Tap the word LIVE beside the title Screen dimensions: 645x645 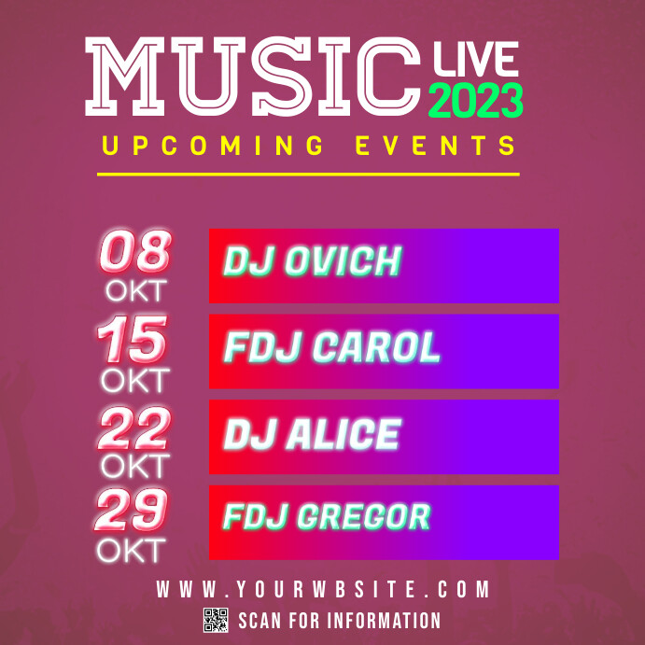click(475, 61)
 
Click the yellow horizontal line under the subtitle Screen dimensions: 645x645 click(308, 174)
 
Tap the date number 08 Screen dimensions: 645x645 click(136, 252)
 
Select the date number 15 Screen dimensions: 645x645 click(134, 340)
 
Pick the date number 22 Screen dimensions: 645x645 click(134, 428)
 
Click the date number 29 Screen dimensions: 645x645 click(133, 511)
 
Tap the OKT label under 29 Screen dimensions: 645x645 click(132, 550)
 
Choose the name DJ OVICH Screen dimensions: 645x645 click(311, 263)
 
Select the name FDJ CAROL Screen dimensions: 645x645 click(331, 348)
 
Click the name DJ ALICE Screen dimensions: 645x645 click(312, 434)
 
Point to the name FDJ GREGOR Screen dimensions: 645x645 click(327, 516)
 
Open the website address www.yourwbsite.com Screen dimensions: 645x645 click(323, 590)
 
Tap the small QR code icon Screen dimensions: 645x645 click(216, 620)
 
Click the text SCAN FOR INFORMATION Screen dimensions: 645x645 click(340, 621)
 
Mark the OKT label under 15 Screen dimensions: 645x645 click(135, 380)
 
